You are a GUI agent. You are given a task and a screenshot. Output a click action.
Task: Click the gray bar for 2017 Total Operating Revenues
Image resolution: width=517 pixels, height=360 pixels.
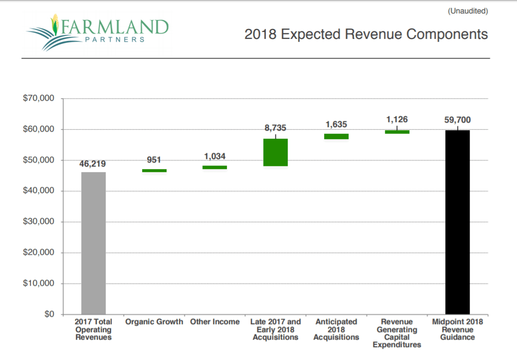pos(93,243)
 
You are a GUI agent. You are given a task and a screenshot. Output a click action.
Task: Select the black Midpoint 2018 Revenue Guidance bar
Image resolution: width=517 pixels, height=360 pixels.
pos(457,222)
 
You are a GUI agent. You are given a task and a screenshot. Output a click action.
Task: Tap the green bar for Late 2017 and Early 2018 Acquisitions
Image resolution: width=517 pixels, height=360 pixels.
pos(276,152)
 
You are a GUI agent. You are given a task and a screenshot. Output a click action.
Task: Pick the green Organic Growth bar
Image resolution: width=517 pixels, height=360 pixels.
pos(154,171)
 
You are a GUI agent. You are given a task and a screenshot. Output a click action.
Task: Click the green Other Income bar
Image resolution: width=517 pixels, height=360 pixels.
pos(215,168)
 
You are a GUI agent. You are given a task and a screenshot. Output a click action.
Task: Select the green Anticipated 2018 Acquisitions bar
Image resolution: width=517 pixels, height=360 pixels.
pos(336,136)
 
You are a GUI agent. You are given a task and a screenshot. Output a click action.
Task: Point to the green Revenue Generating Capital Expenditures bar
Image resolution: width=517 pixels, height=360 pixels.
pos(397,132)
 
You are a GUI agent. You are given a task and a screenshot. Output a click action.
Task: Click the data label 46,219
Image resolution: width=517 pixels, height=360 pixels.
pos(92,164)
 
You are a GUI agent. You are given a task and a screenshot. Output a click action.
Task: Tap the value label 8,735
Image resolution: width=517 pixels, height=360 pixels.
pos(276,128)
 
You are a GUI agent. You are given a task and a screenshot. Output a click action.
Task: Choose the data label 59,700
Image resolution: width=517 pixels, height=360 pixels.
pos(457,120)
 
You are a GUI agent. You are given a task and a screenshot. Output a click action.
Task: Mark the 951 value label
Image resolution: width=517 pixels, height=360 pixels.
pos(154,160)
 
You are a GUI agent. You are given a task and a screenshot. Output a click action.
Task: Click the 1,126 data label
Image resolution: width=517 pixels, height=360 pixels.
pos(397,120)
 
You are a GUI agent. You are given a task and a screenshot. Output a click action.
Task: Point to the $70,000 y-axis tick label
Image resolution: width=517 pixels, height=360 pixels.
pos(38,98)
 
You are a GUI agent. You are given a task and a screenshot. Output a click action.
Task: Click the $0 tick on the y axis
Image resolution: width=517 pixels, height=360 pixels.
pos(48,315)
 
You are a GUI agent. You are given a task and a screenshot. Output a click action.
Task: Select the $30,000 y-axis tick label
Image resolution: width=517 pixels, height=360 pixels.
pos(38,222)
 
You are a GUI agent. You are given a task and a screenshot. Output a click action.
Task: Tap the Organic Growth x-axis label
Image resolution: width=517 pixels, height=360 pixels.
pos(154,322)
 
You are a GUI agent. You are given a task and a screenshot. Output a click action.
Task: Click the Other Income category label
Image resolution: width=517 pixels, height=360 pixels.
pos(215,322)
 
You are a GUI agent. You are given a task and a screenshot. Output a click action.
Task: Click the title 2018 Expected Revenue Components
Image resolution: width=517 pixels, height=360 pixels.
pos(366,34)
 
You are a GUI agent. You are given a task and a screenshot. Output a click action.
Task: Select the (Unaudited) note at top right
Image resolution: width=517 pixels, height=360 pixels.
pos(468,10)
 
